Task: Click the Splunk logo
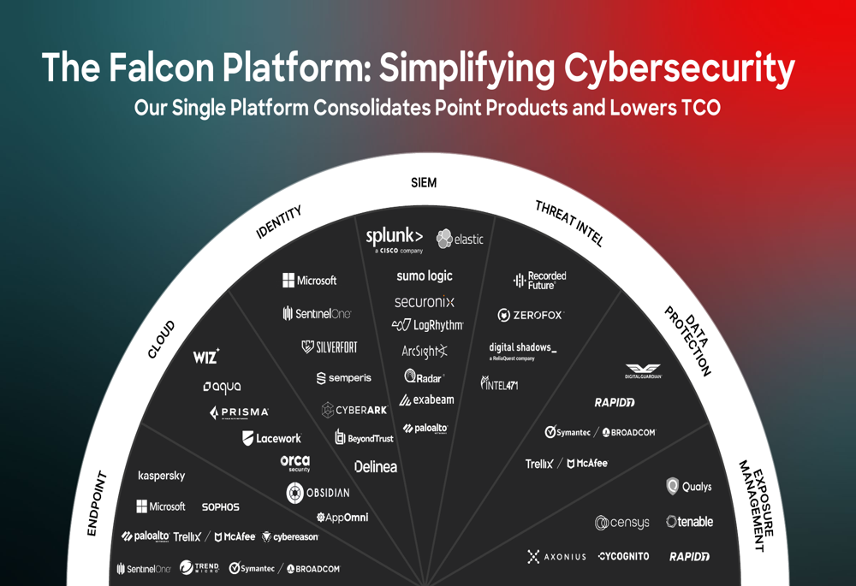point(394,239)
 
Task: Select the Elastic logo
point(460,240)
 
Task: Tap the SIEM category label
point(424,182)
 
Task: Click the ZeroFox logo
point(530,315)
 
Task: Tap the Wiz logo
point(206,357)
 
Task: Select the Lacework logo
point(271,438)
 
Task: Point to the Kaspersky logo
point(161,476)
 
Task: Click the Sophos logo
point(220,507)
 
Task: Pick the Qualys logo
point(689,487)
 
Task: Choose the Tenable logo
point(689,522)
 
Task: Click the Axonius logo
point(556,557)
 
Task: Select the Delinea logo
point(375,467)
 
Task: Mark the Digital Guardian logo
point(643,371)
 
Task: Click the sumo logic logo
point(424,276)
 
